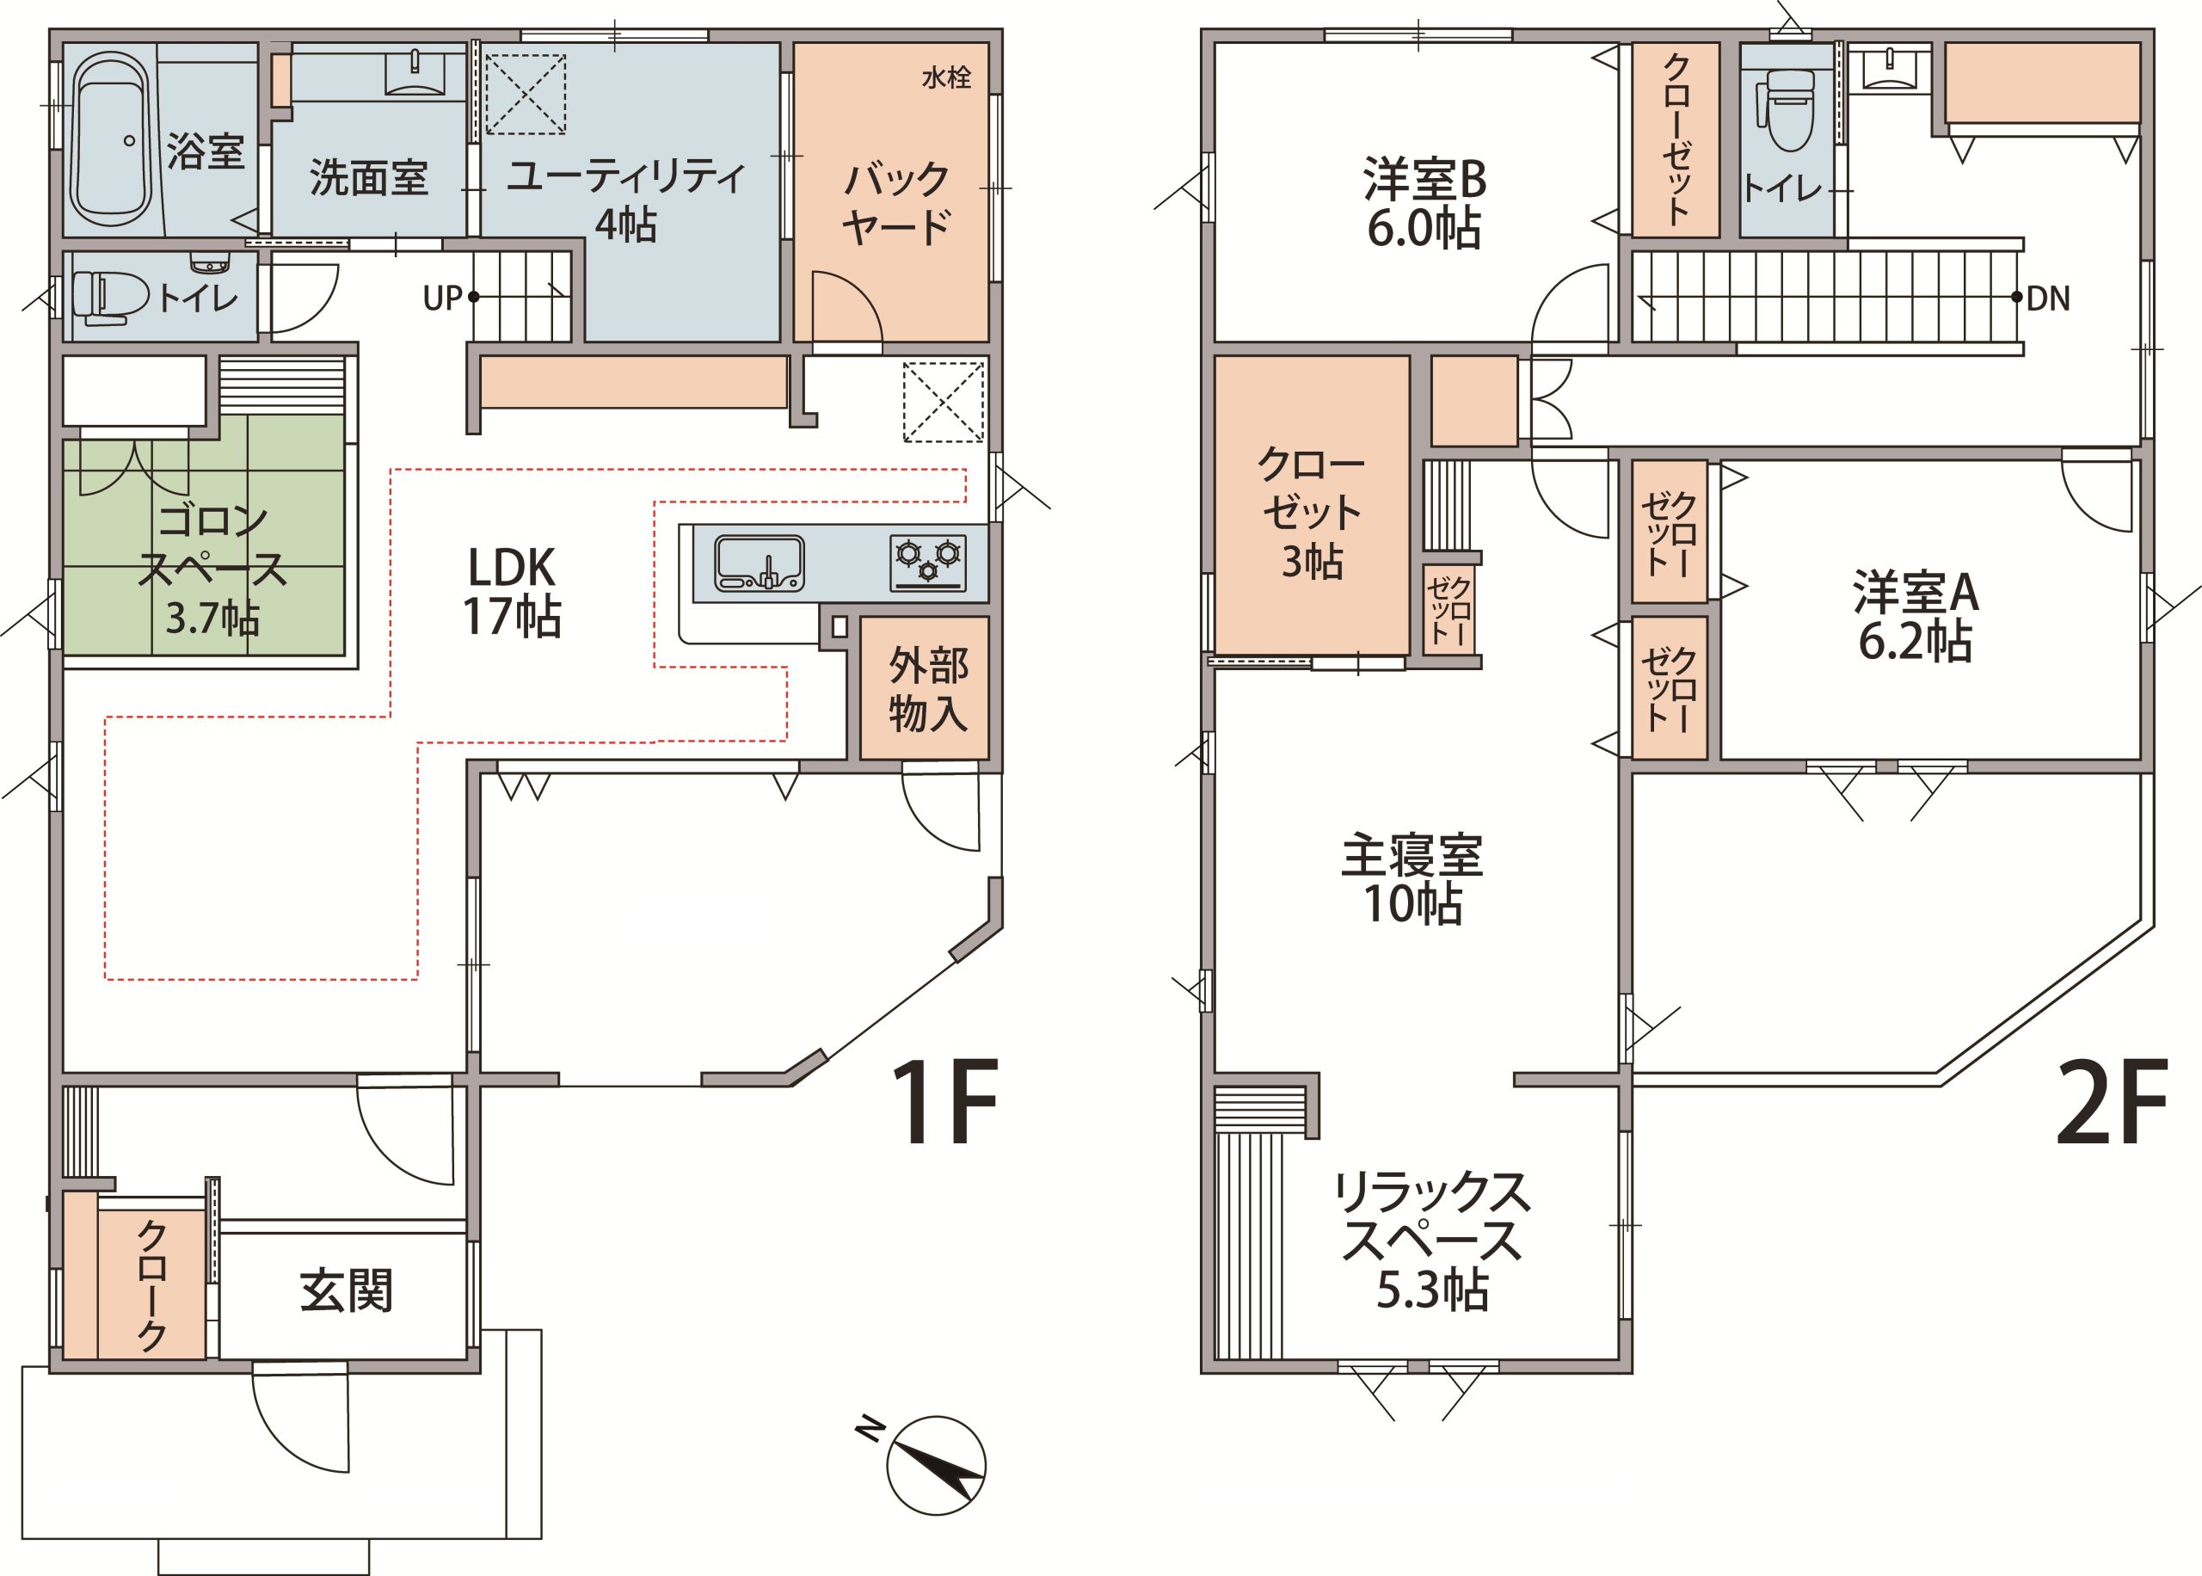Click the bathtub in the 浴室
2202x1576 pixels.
click(x=113, y=138)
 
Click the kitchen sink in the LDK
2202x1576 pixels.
click(x=760, y=563)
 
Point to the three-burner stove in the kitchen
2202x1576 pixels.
click(x=928, y=562)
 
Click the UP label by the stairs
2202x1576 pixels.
click(x=442, y=298)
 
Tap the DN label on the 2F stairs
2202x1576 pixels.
click(x=2048, y=298)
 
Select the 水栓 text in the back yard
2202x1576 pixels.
click(x=946, y=77)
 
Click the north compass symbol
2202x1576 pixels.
click(x=934, y=1464)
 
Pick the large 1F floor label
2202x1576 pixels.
click(x=944, y=1101)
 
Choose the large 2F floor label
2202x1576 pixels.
click(x=2111, y=1101)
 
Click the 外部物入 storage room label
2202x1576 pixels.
click(x=928, y=690)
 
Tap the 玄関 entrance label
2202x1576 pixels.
click(x=347, y=1290)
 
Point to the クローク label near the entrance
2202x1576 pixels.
click(x=152, y=1285)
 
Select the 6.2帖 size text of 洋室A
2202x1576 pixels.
click(x=1915, y=642)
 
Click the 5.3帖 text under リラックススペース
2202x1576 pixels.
click(x=1433, y=1290)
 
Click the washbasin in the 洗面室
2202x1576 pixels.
click(x=416, y=74)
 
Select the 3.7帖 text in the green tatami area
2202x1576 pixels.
click(x=212, y=617)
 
